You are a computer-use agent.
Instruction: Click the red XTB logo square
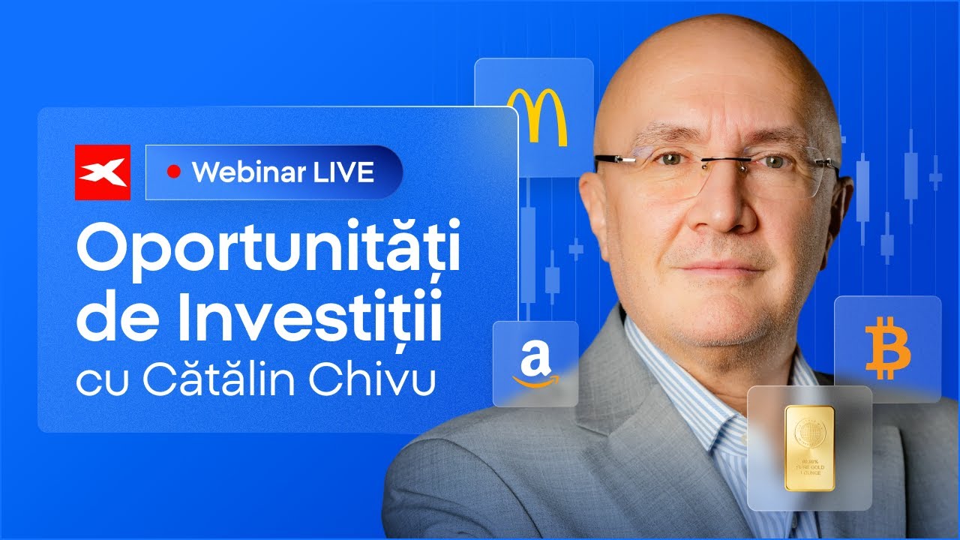[x=103, y=172]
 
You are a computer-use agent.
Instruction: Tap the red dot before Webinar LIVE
[x=174, y=172]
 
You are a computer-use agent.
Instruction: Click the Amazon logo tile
[x=535, y=364]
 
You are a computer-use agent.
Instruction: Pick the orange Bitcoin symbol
[x=887, y=347]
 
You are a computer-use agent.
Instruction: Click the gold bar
[x=809, y=447]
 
